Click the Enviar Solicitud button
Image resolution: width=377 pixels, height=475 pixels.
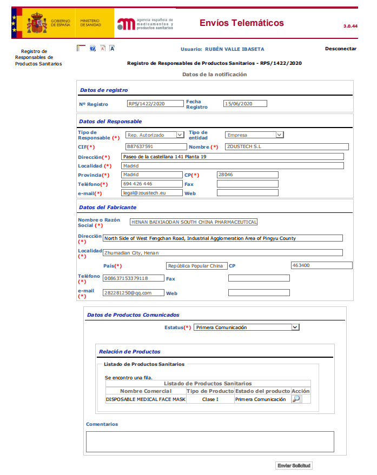point(294,465)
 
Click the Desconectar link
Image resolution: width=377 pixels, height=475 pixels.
point(340,49)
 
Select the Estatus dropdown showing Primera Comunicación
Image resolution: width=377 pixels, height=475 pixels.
point(246,327)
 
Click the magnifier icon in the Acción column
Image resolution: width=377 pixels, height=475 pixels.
point(296,399)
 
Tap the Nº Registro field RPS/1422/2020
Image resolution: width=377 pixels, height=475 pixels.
point(155,104)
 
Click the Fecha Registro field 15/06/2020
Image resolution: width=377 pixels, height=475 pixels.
point(245,104)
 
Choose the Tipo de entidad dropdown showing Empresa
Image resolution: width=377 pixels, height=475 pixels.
point(254,135)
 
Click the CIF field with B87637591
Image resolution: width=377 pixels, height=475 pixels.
point(155,146)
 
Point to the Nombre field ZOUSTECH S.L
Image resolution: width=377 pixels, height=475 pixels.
point(287,146)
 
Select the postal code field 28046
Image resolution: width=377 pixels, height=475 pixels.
point(247,175)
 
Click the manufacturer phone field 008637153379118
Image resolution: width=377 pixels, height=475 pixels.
point(133,278)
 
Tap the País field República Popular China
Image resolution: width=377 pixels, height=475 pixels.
point(195,266)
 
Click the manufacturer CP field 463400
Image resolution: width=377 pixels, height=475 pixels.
point(321,265)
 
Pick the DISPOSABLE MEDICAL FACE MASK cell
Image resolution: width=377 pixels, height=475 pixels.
point(145,399)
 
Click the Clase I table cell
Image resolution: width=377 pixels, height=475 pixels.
point(210,399)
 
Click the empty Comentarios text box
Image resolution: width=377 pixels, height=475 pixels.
point(210,441)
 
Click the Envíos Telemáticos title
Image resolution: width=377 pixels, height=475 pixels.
point(241,23)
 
